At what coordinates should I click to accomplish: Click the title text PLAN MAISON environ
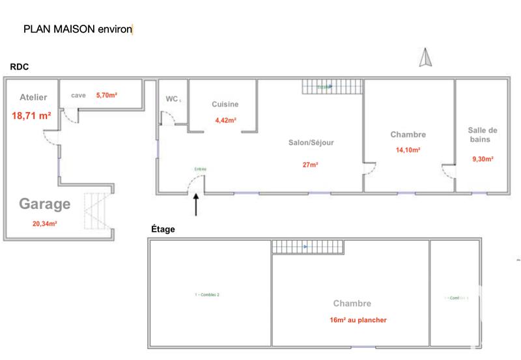tap(77, 29)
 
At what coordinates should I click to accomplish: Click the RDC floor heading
tap(19, 67)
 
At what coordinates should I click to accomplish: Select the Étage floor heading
tap(163, 229)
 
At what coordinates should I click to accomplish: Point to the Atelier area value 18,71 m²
tap(32, 116)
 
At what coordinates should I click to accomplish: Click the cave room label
tap(78, 96)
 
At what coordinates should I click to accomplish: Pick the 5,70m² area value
tap(106, 96)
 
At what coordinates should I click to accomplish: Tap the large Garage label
tap(44, 204)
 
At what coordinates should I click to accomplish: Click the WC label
tap(172, 99)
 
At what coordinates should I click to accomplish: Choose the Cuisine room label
tap(225, 104)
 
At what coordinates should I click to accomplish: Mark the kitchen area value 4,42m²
tap(225, 120)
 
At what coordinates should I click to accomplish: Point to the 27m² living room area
tap(310, 165)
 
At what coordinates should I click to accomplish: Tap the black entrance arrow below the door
tap(197, 204)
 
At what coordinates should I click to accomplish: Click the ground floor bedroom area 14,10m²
tap(408, 149)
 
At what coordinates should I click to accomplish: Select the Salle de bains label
tap(483, 134)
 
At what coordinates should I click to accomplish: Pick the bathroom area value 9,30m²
tap(483, 158)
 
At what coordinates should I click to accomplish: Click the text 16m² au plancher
tap(358, 320)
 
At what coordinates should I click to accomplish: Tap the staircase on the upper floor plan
tap(307, 247)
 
